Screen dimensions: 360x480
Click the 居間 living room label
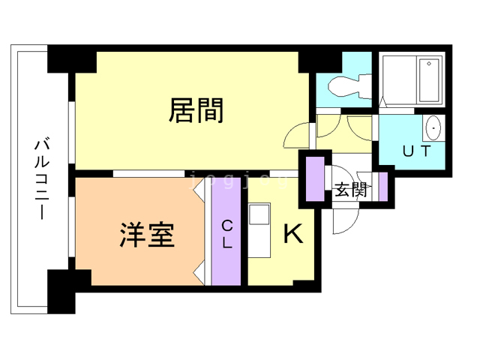point(196,111)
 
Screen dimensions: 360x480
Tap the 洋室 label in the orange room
point(147,235)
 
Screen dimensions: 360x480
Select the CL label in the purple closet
point(226,233)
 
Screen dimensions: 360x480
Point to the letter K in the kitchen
point(292,235)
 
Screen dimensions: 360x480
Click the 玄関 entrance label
point(349,189)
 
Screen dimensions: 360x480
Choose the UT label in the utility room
point(416,151)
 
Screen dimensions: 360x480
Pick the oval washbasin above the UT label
point(434,128)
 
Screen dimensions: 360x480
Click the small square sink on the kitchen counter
point(259,214)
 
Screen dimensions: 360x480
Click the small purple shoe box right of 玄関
point(382,187)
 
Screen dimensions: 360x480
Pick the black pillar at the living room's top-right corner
point(310,61)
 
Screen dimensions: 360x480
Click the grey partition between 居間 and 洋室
point(148,174)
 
